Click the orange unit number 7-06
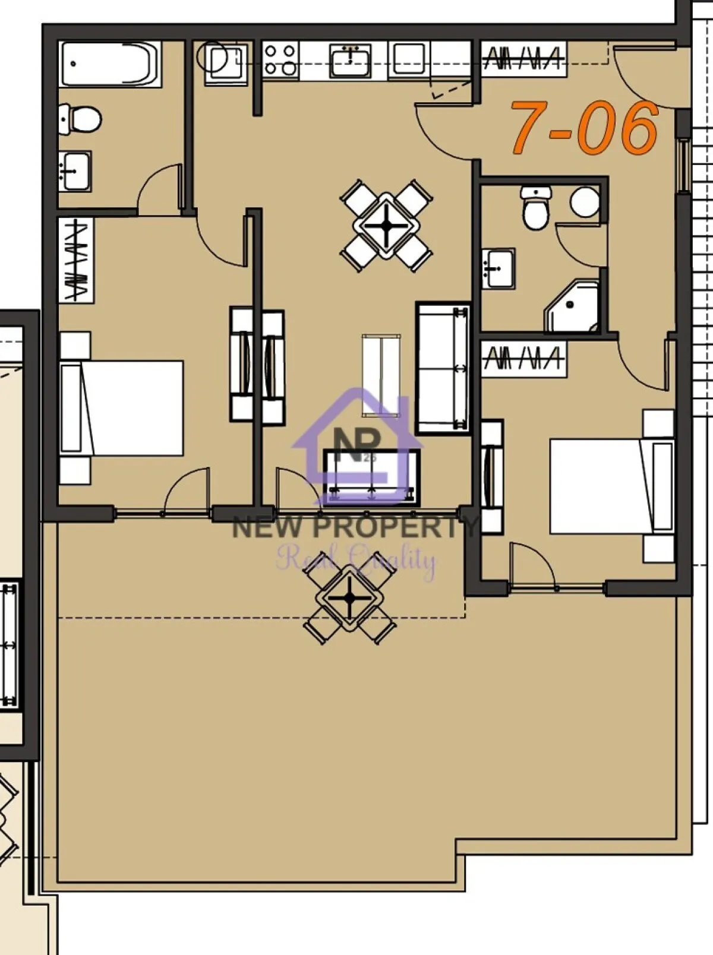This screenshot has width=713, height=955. (x=585, y=127)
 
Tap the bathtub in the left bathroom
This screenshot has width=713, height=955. (x=110, y=64)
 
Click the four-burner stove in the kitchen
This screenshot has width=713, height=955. (x=280, y=60)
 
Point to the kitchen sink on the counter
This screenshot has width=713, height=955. (x=351, y=60)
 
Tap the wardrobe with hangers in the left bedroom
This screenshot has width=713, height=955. (x=75, y=260)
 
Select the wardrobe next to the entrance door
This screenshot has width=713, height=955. (x=523, y=58)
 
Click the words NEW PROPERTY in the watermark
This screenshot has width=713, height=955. (x=354, y=527)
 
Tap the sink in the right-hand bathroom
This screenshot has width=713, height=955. (x=498, y=268)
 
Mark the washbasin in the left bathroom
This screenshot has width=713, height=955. (x=75, y=171)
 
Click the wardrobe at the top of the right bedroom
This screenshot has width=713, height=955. (x=523, y=359)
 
